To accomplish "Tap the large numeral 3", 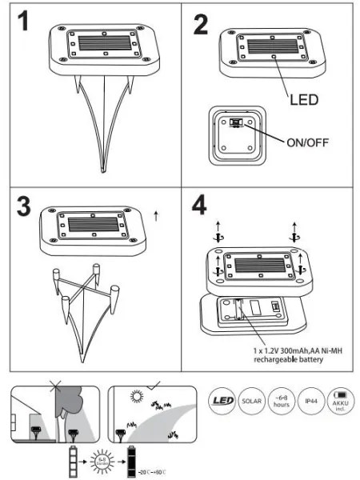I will [x=27, y=206].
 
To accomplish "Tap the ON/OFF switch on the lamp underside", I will [x=237, y=125].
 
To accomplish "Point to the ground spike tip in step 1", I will [x=102, y=169].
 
